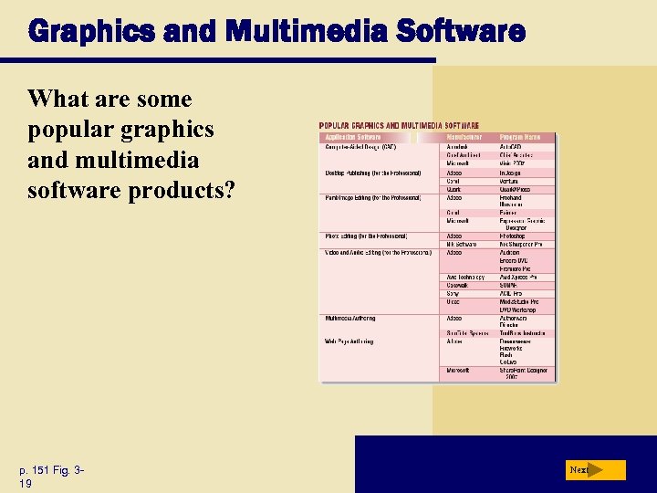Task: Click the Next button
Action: point(595,470)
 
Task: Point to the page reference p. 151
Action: point(37,469)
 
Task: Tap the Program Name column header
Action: point(520,137)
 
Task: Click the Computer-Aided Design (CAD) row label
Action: point(361,146)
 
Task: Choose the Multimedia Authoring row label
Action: point(350,318)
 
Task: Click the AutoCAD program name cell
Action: point(511,146)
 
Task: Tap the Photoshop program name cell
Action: point(513,236)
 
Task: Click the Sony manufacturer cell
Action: point(453,293)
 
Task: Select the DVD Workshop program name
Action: point(518,309)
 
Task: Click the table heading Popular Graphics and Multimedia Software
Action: point(399,125)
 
